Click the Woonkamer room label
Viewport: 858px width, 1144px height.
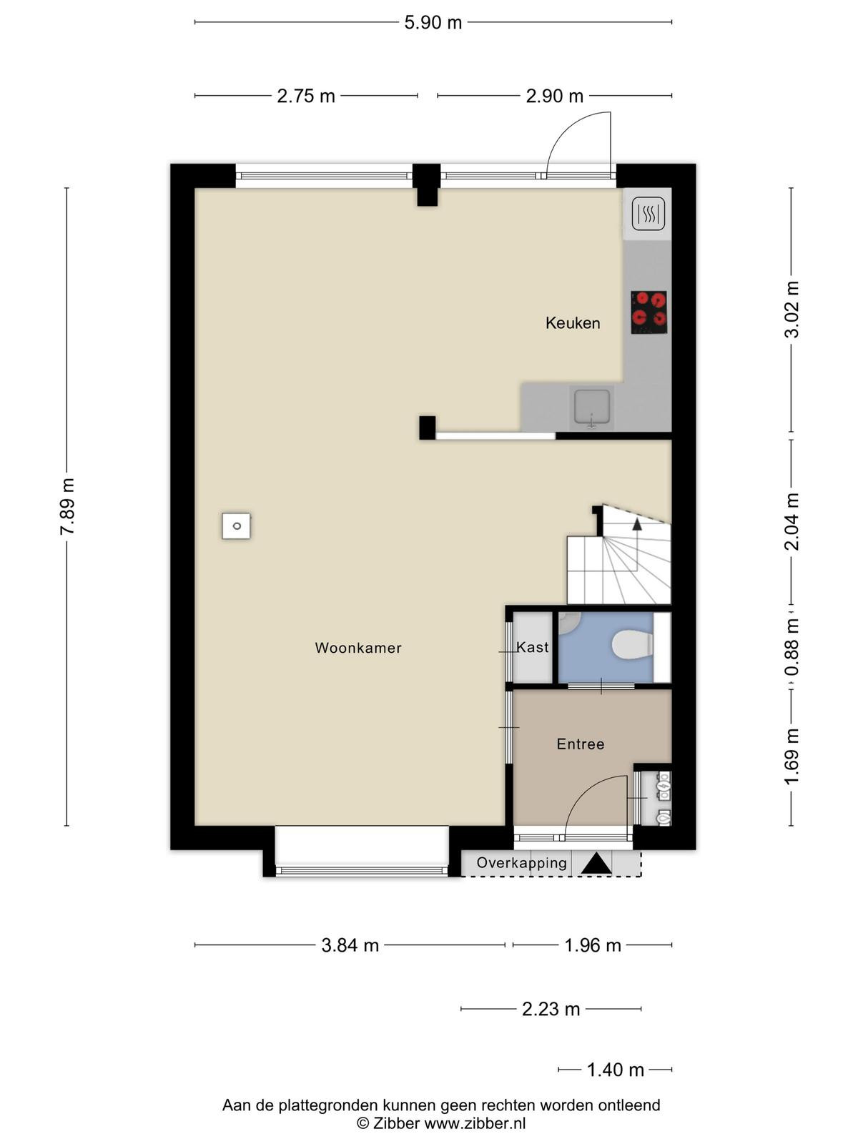tap(358, 648)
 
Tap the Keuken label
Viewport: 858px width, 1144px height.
tap(573, 323)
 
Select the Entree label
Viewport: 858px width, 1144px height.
tap(581, 744)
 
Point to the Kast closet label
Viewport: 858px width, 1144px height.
tap(533, 647)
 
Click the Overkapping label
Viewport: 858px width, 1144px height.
tap(521, 862)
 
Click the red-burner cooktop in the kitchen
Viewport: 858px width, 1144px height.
tap(649, 312)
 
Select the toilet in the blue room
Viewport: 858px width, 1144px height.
tap(632, 645)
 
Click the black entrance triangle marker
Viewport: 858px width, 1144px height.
tap(596, 863)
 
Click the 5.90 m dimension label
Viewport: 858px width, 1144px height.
tap(433, 22)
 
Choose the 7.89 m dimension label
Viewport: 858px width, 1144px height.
tap(68, 506)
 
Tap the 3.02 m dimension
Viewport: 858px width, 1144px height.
tap(792, 310)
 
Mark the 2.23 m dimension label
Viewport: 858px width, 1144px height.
tap(551, 1010)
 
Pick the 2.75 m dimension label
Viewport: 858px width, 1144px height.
tap(306, 96)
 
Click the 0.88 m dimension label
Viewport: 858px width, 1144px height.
tap(792, 647)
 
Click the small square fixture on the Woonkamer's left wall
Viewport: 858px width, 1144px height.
tap(236, 526)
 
